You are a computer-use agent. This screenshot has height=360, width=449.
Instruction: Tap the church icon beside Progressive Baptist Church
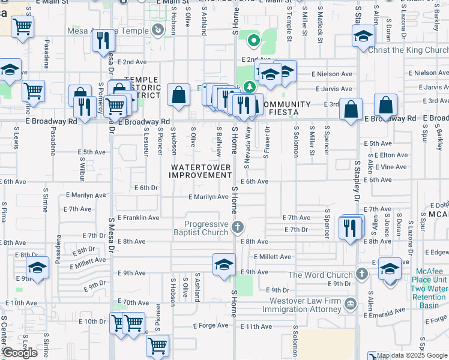point(238,227)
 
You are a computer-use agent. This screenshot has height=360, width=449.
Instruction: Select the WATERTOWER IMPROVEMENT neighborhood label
point(200,171)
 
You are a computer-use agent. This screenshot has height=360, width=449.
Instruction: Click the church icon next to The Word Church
point(361,274)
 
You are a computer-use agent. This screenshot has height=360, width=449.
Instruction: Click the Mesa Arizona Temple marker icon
point(158,29)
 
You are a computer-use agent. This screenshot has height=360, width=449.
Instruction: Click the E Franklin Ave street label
point(138,218)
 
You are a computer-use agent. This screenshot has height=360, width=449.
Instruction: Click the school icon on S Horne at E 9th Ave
point(224,265)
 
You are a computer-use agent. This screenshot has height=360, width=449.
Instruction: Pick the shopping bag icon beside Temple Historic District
point(178,95)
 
